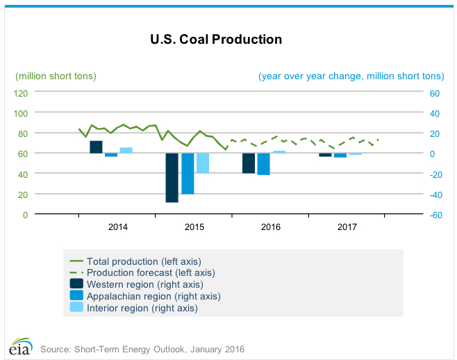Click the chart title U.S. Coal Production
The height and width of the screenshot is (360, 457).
[216, 40]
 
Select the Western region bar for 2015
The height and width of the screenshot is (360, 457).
[172, 177]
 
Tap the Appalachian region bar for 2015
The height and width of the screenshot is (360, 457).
[188, 173]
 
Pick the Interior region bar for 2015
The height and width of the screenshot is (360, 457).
[203, 163]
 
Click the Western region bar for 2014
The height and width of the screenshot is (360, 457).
[96, 147]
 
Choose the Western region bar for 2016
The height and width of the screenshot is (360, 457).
[248, 163]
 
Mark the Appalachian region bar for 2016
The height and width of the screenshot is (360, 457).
[263, 163]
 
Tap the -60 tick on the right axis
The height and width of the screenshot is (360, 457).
[435, 215]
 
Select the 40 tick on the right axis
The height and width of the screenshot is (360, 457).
[435, 113]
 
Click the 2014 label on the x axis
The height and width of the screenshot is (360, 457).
[118, 227]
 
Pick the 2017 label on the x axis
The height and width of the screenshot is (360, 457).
[347, 227]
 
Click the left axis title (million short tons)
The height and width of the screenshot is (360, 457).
[56, 76]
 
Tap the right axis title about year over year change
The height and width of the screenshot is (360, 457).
[351, 76]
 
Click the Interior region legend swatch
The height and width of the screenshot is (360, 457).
[76, 307]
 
